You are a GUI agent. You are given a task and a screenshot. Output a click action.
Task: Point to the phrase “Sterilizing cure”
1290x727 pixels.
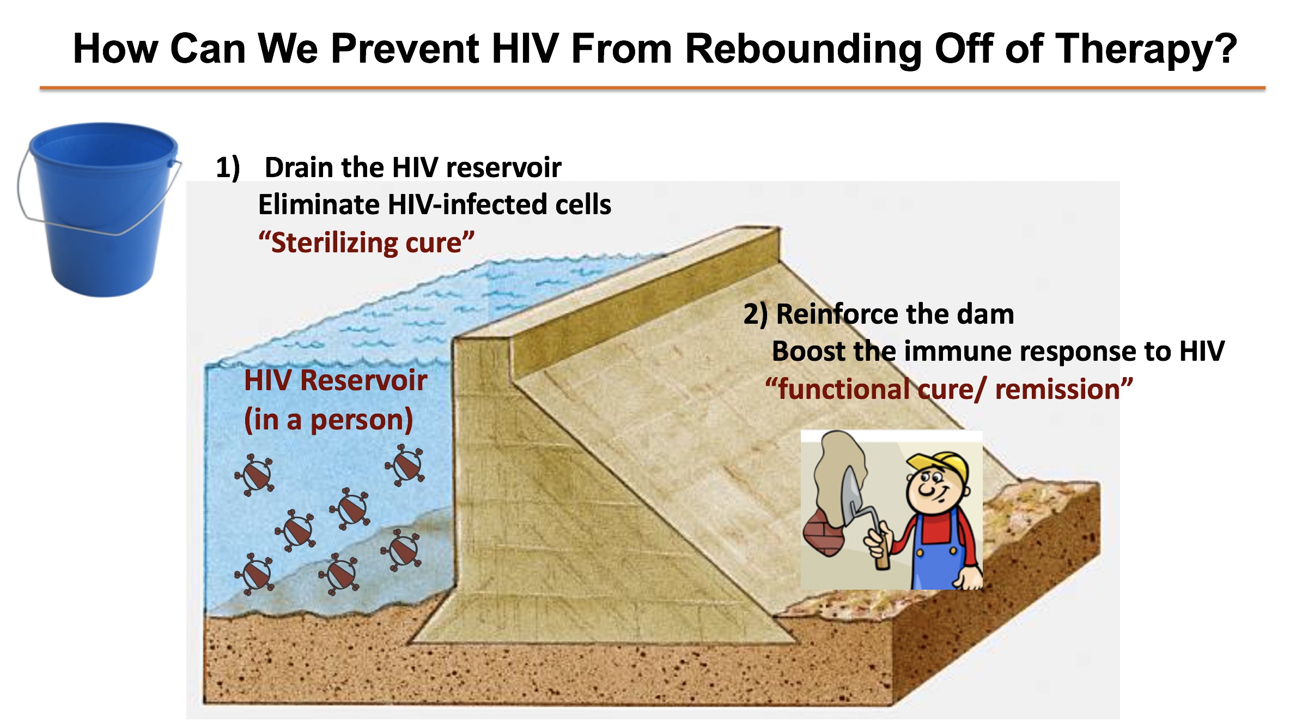pos(366,243)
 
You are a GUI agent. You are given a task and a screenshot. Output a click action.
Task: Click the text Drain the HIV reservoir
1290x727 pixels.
pos(413,167)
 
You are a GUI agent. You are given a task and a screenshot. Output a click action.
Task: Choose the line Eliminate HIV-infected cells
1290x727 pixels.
pos(435,205)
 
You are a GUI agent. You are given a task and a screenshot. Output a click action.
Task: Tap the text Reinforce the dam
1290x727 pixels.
pos(895,314)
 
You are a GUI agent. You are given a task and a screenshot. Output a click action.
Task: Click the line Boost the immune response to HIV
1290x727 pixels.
pos(999,352)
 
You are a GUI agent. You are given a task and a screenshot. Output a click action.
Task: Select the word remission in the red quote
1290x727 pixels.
pos(1057,390)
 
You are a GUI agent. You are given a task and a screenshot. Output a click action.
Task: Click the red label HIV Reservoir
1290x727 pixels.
pos(336,380)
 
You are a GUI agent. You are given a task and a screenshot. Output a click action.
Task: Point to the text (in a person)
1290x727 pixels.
pos(328,420)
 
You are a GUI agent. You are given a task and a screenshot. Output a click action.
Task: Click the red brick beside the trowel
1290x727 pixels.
pos(825,533)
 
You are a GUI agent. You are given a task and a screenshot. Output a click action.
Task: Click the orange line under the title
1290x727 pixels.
pos(653,88)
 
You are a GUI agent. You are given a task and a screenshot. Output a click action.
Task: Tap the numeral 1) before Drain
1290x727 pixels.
pos(228,167)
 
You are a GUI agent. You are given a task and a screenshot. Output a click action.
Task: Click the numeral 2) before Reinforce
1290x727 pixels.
pos(756,314)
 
